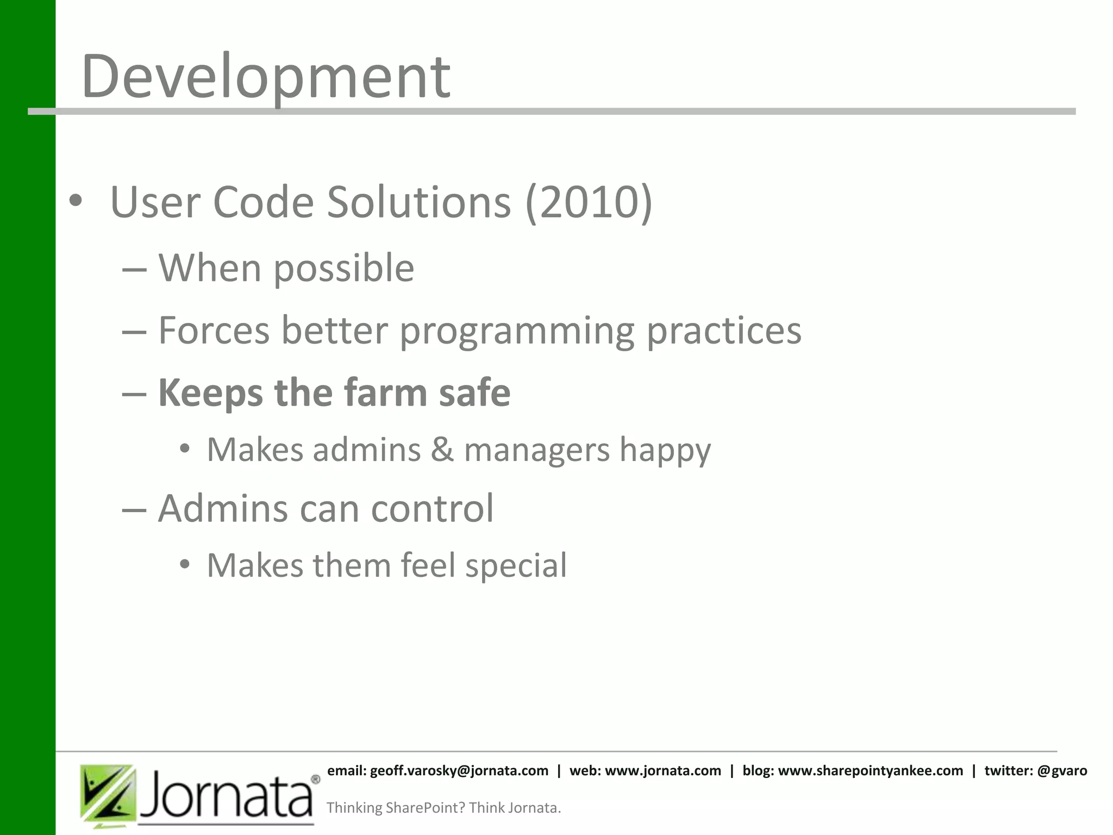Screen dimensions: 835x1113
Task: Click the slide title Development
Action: (x=266, y=77)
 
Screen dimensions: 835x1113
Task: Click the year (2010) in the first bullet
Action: (x=589, y=202)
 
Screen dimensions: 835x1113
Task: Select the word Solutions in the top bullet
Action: (x=419, y=202)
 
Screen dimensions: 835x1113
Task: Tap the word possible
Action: (x=343, y=269)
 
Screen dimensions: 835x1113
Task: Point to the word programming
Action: (x=517, y=331)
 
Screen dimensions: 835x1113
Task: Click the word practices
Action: (x=724, y=331)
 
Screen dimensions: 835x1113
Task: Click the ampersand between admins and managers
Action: (x=442, y=450)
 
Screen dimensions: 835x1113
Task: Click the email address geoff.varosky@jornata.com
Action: (x=459, y=771)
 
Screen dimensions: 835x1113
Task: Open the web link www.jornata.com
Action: (x=663, y=771)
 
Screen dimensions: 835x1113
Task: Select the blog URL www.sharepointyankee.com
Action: (x=871, y=771)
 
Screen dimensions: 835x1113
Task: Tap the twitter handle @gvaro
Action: (x=1062, y=771)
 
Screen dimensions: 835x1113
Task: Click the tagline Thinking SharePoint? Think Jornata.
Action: (x=443, y=808)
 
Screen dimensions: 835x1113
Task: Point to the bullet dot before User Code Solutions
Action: (x=76, y=201)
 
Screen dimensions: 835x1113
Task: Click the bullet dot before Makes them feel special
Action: (x=185, y=565)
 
